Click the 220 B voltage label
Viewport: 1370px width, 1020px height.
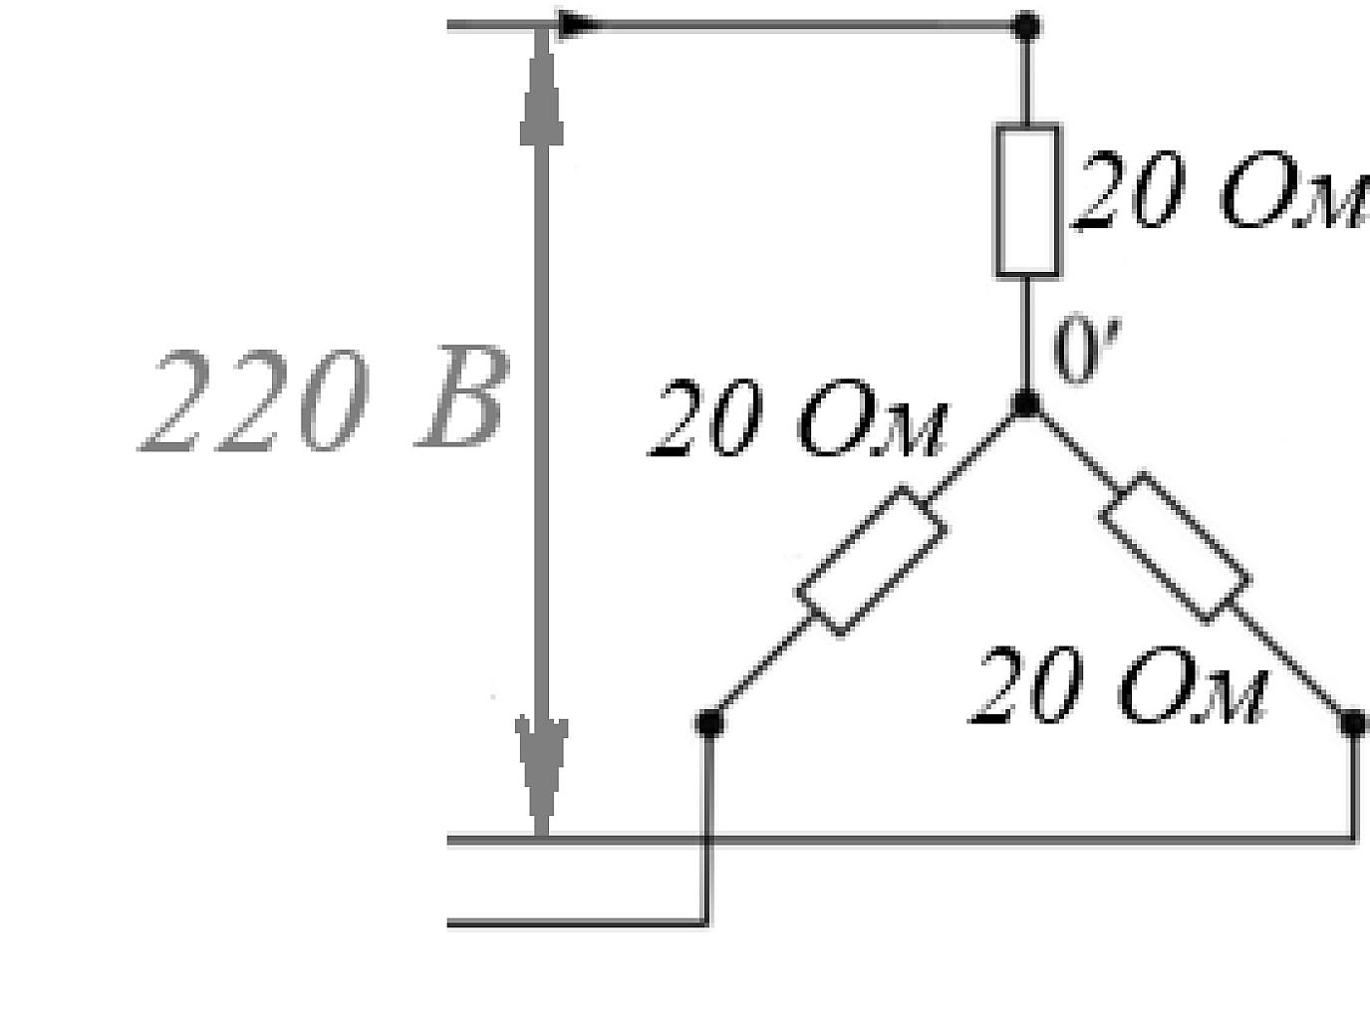324,398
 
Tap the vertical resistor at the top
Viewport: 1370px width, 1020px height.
1027,201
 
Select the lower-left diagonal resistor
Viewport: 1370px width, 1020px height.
872,561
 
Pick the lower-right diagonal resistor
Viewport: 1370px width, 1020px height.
1176,548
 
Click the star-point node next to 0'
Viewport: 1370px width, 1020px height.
1026,404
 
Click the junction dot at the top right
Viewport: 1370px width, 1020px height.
1026,26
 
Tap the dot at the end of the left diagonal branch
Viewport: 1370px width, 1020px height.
708,722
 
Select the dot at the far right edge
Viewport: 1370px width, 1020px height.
1354,722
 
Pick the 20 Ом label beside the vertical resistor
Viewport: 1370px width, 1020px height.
1220,191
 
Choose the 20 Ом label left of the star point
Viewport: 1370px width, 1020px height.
798,418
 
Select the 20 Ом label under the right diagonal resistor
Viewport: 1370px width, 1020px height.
1119,685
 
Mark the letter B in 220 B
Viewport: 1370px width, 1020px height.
463,396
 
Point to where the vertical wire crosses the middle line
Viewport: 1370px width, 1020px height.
707,840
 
